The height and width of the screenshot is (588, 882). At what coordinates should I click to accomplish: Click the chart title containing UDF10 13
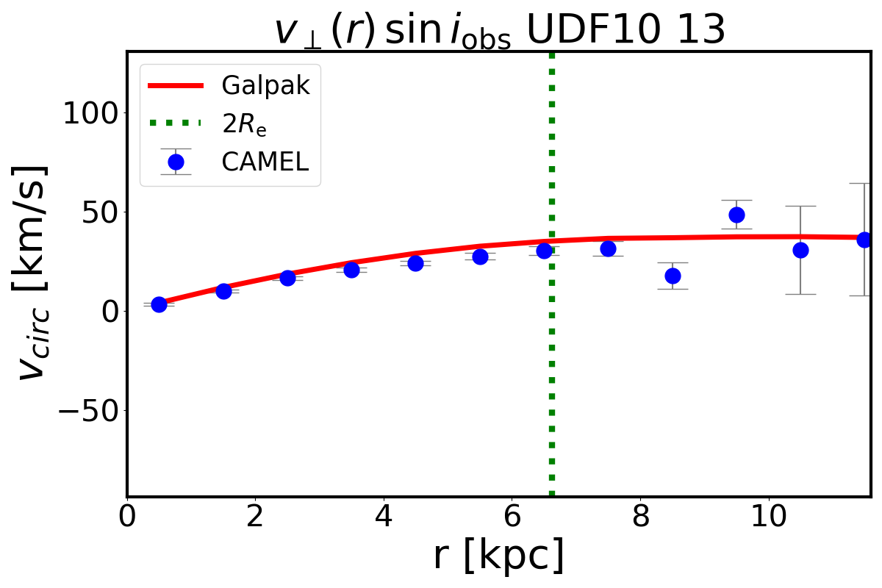point(500,31)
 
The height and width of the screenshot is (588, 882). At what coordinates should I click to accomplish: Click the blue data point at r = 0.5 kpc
point(159,304)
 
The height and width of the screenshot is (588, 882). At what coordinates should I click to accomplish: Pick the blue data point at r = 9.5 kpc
point(736,215)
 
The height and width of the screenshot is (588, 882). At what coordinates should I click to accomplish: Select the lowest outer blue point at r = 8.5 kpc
point(673,276)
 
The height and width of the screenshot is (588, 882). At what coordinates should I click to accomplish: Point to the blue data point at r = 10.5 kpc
point(800,250)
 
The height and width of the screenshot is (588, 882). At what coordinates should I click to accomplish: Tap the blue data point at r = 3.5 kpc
point(351,270)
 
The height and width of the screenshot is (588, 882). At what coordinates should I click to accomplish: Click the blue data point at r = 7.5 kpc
point(608,248)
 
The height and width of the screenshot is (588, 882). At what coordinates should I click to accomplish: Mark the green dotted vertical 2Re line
point(551,367)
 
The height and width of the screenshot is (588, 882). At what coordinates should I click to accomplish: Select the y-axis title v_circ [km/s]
point(33,272)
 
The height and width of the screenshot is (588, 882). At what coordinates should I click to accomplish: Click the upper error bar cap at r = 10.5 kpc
point(800,207)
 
